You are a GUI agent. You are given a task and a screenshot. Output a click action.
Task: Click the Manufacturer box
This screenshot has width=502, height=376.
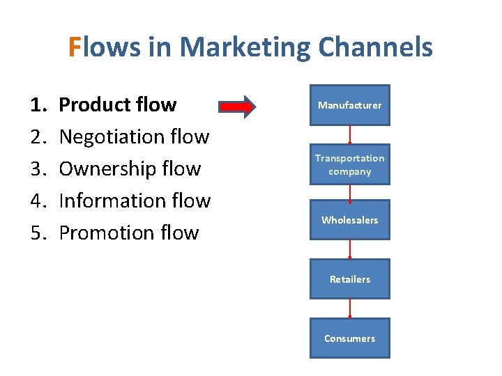click(x=349, y=105)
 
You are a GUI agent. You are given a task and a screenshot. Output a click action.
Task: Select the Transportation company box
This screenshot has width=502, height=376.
click(x=349, y=164)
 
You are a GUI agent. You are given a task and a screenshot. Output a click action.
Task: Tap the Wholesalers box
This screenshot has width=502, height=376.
click(x=349, y=220)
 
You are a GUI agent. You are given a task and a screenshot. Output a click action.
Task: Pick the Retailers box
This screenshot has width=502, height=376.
click(x=349, y=279)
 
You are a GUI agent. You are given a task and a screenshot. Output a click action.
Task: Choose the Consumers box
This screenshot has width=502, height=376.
click(x=349, y=338)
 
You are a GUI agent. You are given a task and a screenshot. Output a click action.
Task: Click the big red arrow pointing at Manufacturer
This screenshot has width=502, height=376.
click(x=237, y=107)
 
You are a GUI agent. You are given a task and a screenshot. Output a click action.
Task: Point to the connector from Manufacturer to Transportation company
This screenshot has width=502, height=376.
click(x=350, y=135)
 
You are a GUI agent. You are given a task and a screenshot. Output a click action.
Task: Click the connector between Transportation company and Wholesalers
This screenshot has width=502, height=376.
click(x=350, y=192)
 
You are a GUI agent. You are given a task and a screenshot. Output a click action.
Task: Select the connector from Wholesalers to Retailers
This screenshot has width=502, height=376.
click(x=350, y=249)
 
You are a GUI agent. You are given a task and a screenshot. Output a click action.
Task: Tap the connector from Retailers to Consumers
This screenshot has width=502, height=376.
click(x=350, y=308)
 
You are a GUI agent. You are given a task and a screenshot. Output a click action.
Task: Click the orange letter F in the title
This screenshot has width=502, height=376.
click(x=75, y=47)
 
